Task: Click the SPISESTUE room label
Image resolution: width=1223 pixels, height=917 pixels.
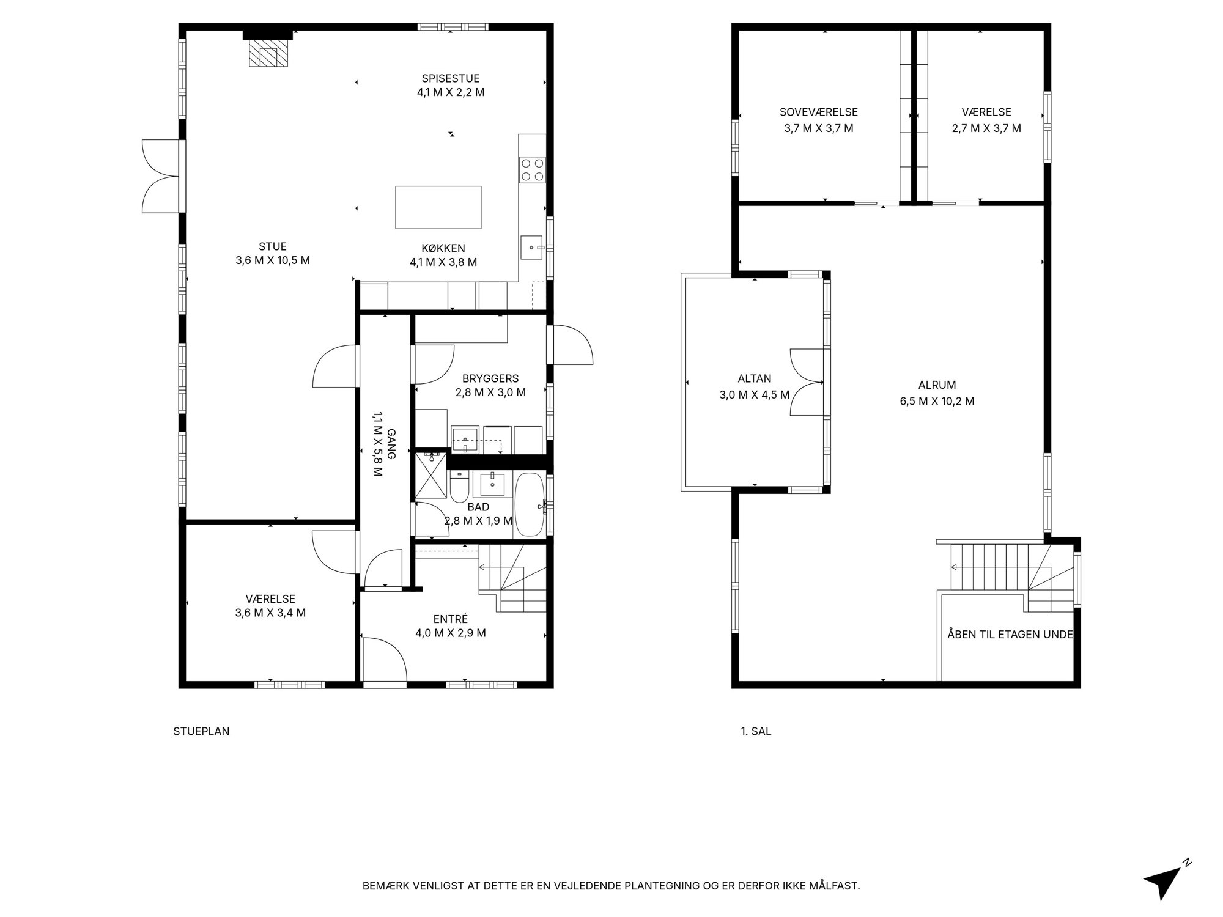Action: pos(451,78)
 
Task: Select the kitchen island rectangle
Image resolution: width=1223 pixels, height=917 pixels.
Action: pos(438,207)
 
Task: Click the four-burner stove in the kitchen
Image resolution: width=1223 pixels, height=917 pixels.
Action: pos(532,170)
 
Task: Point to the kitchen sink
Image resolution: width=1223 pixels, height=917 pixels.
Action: pos(533,248)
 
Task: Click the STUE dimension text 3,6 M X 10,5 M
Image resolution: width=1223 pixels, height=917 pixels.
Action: pos(273,260)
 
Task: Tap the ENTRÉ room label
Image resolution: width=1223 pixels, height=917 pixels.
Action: pos(451,619)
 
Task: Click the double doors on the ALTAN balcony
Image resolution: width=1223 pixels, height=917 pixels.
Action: pos(807,382)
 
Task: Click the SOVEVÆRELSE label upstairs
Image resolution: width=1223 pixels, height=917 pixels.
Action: pos(819,112)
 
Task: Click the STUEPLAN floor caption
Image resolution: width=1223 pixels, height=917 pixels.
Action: pos(201,731)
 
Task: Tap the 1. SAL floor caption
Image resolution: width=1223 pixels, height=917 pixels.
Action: pos(756,731)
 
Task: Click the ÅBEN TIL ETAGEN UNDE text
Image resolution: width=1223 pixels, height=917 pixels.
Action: pos(1010,635)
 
